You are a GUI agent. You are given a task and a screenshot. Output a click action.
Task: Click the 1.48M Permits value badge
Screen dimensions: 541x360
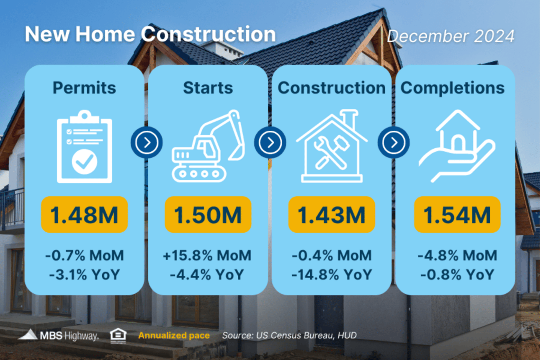click(x=84, y=215)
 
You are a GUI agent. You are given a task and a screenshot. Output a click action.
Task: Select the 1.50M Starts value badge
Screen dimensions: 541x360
click(x=208, y=215)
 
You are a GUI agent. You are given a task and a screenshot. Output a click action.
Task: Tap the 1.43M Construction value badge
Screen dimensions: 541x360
click(x=332, y=215)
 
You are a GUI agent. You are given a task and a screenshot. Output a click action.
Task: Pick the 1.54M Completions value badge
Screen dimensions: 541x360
click(x=457, y=215)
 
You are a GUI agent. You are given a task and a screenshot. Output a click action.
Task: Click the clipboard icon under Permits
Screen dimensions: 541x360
click(x=84, y=147)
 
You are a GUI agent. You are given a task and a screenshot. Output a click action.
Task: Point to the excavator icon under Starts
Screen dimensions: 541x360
click(x=208, y=146)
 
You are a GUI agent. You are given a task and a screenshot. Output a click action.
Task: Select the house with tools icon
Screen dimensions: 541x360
click(x=332, y=146)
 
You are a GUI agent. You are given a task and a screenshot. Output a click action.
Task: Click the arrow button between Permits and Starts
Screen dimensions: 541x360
click(x=147, y=142)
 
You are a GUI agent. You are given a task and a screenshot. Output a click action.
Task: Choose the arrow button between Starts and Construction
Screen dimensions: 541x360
click(x=270, y=142)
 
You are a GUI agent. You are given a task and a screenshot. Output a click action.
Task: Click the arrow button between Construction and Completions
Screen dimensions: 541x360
click(x=394, y=142)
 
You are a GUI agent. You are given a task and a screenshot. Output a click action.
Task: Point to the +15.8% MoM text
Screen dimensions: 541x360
click(x=207, y=255)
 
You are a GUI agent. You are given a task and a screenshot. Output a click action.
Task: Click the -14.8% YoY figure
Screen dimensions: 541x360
click(x=332, y=275)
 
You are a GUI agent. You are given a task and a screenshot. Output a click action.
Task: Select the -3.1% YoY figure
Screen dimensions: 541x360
click(x=84, y=275)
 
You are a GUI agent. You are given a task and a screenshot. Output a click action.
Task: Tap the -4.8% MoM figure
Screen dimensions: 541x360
click(x=457, y=255)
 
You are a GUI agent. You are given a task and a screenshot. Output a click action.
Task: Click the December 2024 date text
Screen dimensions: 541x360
click(x=451, y=36)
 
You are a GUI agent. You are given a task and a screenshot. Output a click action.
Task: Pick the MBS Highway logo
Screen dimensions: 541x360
click(x=58, y=335)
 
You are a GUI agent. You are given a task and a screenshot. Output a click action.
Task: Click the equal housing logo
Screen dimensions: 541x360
click(x=118, y=336)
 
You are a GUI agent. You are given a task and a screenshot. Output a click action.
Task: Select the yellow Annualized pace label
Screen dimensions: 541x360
click(x=174, y=336)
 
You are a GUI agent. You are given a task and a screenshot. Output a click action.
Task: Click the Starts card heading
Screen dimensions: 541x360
click(x=208, y=88)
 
